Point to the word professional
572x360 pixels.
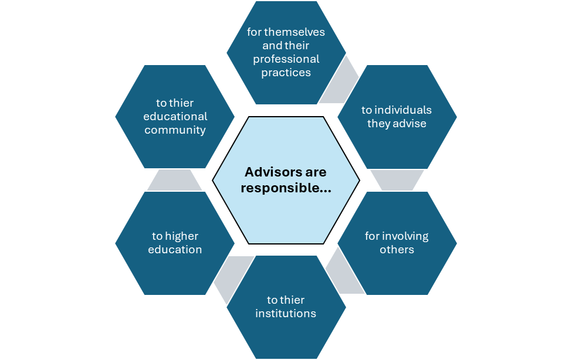coord(286,59)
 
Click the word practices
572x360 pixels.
coord(286,73)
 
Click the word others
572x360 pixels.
coord(397,250)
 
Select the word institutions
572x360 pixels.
coord(286,314)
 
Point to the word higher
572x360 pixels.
coord(182,236)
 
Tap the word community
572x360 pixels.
coord(175,130)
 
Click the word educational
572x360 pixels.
coord(176,117)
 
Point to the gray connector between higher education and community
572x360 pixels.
coord(174,180)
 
